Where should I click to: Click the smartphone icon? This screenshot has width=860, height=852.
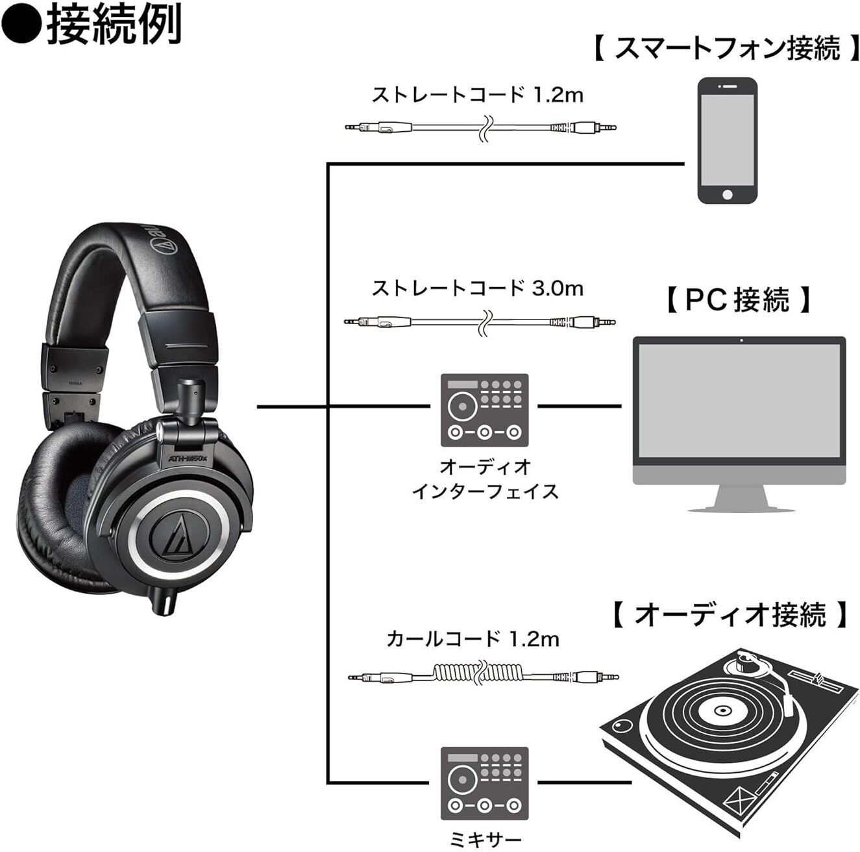pyautogui.click(x=727, y=142)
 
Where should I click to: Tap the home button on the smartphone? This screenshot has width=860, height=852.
pyautogui.click(x=727, y=194)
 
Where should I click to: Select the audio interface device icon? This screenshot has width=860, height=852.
pyautogui.click(x=484, y=410)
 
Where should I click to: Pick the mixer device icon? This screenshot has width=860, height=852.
pyautogui.click(x=484, y=783)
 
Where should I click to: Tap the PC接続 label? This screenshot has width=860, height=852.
pyautogui.click(x=738, y=300)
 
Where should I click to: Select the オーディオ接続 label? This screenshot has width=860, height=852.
pyautogui.click(x=731, y=614)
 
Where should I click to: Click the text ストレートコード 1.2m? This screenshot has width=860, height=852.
pyautogui.click(x=477, y=95)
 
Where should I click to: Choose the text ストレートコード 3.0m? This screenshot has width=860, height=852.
pyautogui.click(x=477, y=288)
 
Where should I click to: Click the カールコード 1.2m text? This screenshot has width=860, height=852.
pyautogui.click(x=473, y=639)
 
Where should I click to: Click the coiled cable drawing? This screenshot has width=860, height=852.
pyautogui.click(x=483, y=676)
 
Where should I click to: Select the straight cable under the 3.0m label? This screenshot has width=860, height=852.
pyautogui.click(x=480, y=321)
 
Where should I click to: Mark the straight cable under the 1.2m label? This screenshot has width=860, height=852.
pyautogui.click(x=480, y=128)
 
